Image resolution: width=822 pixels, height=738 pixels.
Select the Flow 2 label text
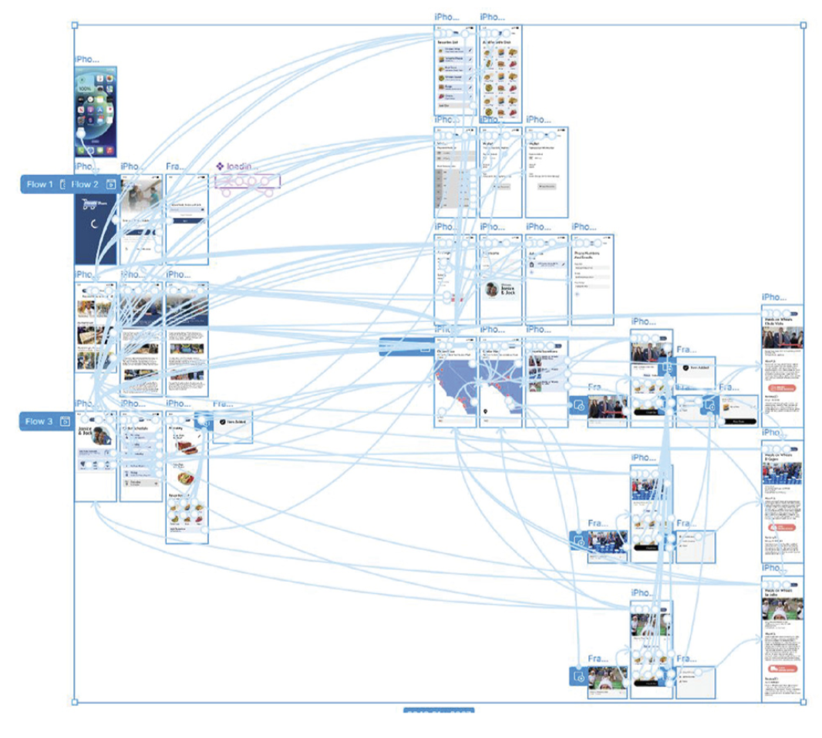pos(85,184)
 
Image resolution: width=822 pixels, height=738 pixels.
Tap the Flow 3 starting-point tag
pos(39,421)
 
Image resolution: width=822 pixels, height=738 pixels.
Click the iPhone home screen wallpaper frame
pos(96,112)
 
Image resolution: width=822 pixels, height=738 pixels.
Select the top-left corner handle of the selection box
pos(75,25)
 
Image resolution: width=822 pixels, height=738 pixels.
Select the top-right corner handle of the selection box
pos(803,25)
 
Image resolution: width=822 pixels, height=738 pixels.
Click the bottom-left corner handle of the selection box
pos(75,702)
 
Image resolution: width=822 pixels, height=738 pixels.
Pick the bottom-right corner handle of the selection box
pos(803,702)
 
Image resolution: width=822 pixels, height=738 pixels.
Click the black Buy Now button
pos(739,421)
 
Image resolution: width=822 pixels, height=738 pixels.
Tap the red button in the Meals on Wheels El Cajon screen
pos(780,526)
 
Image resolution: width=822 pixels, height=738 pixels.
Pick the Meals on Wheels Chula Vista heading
pos(780,322)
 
